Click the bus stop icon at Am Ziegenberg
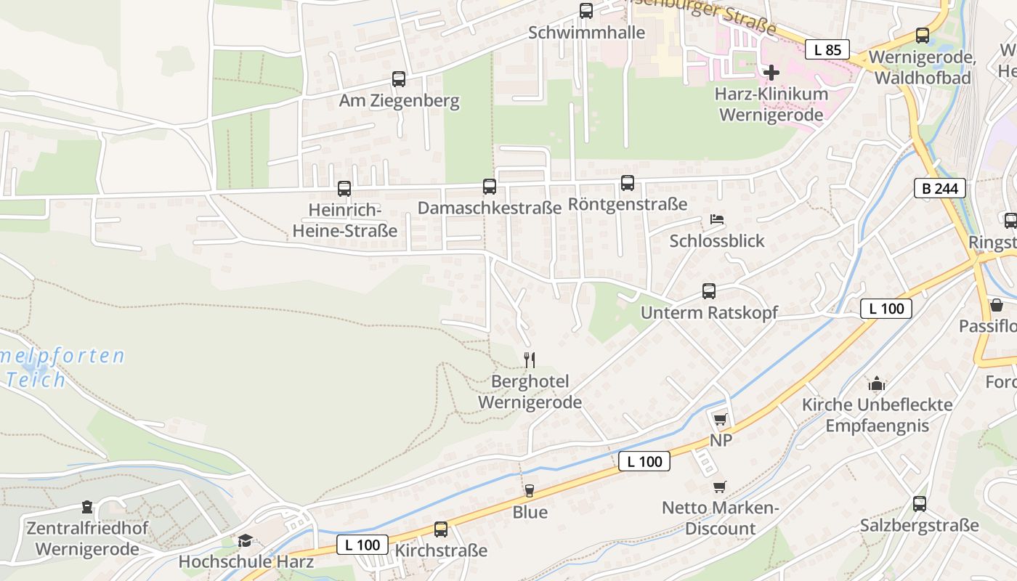[x=399, y=79]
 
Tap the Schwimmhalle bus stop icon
[x=586, y=11]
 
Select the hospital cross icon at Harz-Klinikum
[x=771, y=73]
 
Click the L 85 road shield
[x=827, y=50]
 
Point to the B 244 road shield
[x=939, y=189]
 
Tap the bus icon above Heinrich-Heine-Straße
[x=344, y=189]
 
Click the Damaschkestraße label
[x=489, y=208]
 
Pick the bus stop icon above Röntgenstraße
[x=628, y=183]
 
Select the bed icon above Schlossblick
[x=717, y=219]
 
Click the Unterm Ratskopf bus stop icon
[x=709, y=291]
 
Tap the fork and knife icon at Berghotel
[x=530, y=359]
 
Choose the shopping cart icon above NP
[x=720, y=419]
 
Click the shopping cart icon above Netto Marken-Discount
[x=720, y=487]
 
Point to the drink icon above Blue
[x=530, y=491]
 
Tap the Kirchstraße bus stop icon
[x=441, y=529]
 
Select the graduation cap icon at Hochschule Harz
[x=246, y=540]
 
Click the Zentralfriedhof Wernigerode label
[x=86, y=538]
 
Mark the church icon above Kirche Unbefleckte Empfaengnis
[x=877, y=383]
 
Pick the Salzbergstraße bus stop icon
[x=920, y=504]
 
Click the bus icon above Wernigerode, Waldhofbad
[x=923, y=35]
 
